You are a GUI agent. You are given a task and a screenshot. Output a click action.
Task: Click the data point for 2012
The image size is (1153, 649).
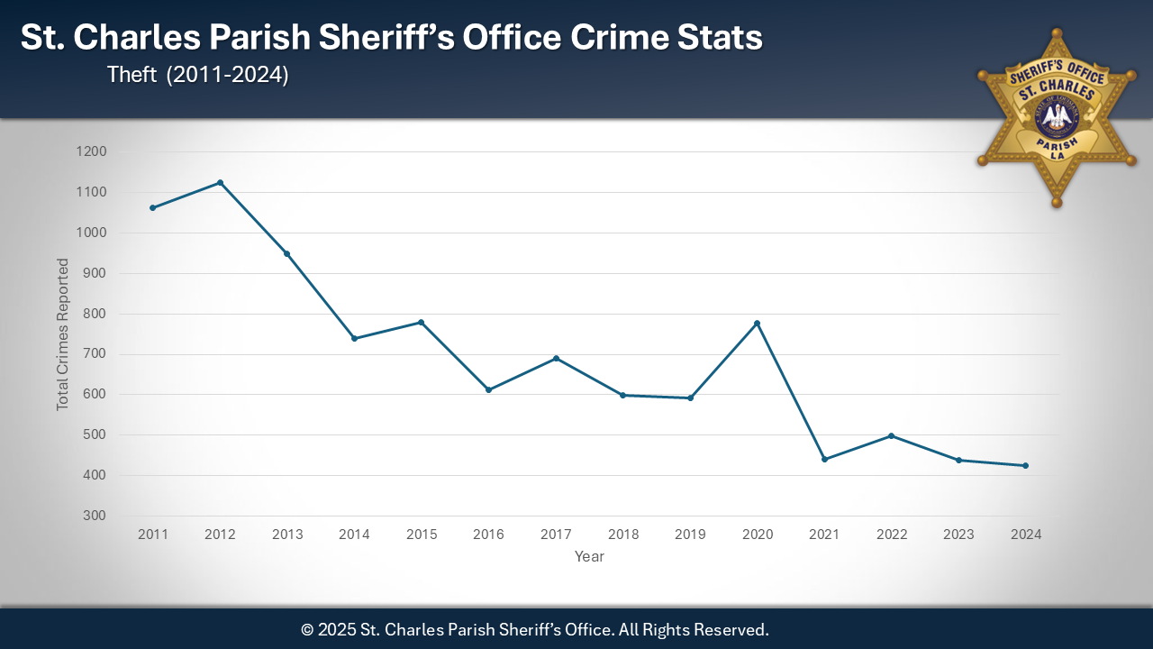tap(220, 183)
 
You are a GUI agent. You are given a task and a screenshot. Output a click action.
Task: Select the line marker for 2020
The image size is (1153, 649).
tap(757, 323)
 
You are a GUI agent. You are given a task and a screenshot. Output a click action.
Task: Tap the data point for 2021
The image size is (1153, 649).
tap(824, 459)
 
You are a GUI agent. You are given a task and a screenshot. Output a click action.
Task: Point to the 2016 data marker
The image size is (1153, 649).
tap(488, 389)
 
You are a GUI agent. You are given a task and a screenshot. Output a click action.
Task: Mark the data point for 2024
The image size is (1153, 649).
tap(1025, 465)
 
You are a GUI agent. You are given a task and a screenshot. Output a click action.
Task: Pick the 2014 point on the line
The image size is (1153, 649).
tap(354, 338)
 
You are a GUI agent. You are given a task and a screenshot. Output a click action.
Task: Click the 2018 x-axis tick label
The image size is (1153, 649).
tap(622, 535)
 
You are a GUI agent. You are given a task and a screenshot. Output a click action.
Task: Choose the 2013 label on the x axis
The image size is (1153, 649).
tap(287, 535)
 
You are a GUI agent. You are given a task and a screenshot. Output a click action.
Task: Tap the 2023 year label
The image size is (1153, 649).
tap(958, 535)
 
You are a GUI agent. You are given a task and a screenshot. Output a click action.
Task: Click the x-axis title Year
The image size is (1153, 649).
tap(589, 557)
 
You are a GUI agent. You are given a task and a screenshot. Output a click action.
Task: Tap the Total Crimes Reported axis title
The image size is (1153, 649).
tap(63, 334)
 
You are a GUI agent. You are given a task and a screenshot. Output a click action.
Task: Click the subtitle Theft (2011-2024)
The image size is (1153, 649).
tap(197, 76)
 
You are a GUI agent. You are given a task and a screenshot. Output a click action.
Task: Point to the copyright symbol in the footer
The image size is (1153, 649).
tap(307, 629)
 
